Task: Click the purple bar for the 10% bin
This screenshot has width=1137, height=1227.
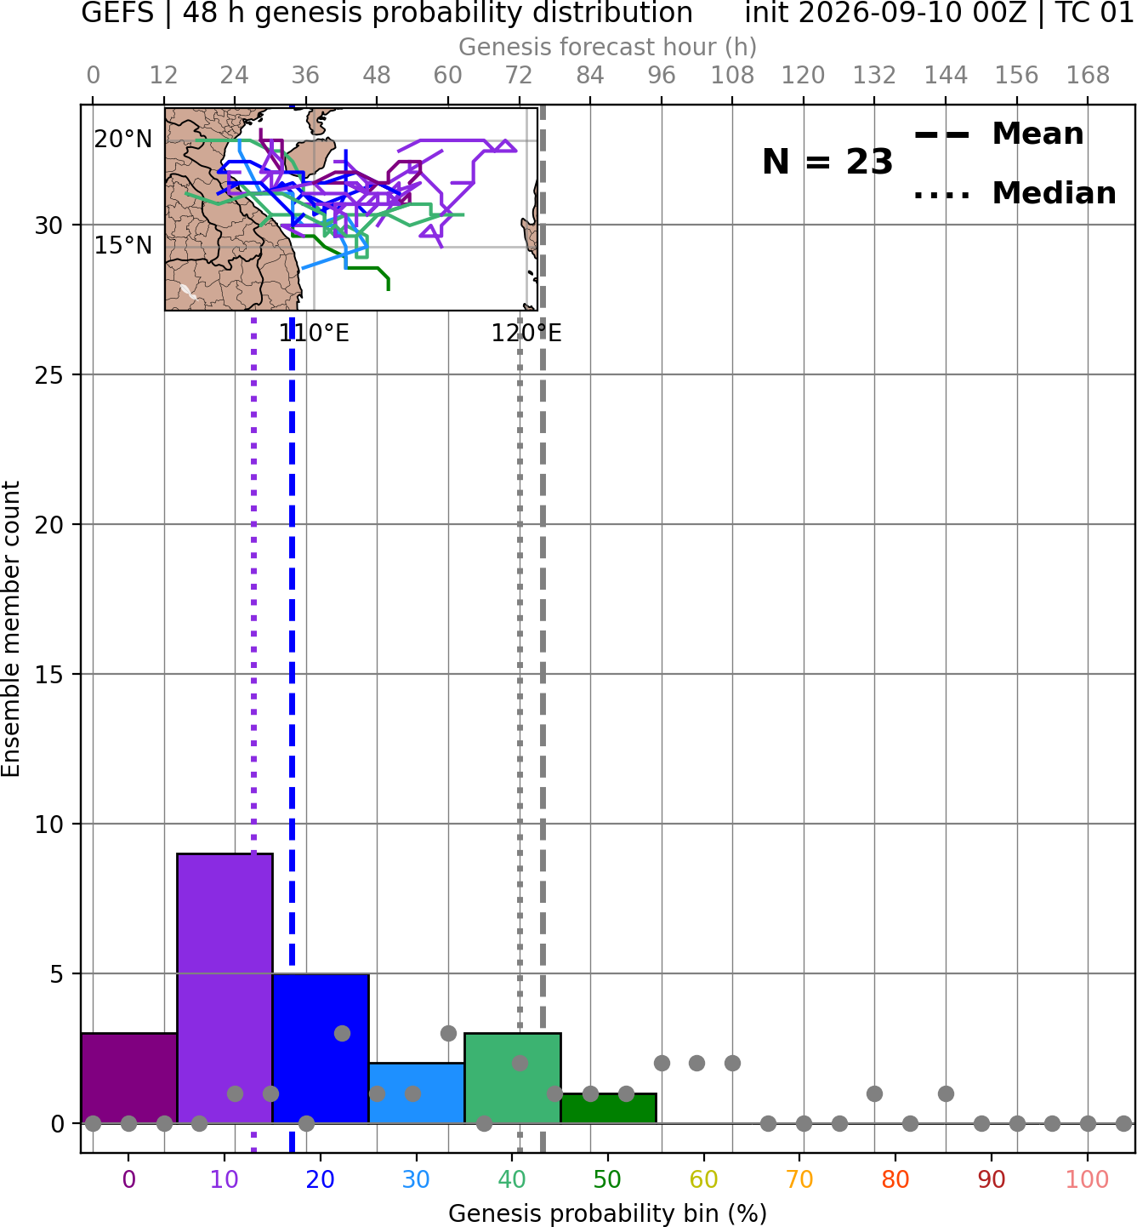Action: pos(225,988)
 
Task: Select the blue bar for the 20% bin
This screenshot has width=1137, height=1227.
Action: pos(321,1048)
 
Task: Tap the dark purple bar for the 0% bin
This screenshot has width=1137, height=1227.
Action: pos(129,1078)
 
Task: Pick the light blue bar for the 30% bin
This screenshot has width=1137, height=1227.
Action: pos(416,1093)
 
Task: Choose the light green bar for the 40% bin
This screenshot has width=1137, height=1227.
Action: pos(513,1078)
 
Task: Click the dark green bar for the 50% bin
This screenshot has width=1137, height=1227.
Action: pos(608,1108)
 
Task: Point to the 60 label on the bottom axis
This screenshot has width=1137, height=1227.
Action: pos(703,1179)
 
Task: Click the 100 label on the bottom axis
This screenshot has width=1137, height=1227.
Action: pos(1087,1179)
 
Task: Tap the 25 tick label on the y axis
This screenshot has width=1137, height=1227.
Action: pos(49,375)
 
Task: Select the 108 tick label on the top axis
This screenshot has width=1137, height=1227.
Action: pos(732,76)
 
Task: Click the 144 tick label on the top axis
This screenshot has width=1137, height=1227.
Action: pos(946,76)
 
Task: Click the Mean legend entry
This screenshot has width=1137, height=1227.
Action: pos(998,134)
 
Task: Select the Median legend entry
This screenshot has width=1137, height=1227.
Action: pos(1015,193)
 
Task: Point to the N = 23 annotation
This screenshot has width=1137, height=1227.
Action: pos(827,162)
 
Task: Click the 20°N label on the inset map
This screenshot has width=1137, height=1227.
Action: pos(123,140)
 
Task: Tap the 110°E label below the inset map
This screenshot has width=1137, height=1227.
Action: pos(314,334)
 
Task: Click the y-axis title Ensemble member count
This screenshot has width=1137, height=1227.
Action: pos(10,630)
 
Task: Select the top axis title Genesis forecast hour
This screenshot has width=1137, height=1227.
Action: pos(608,47)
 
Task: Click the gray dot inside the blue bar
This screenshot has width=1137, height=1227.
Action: pos(342,1033)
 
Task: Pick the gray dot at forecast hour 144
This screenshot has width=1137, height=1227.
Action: pos(946,1093)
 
